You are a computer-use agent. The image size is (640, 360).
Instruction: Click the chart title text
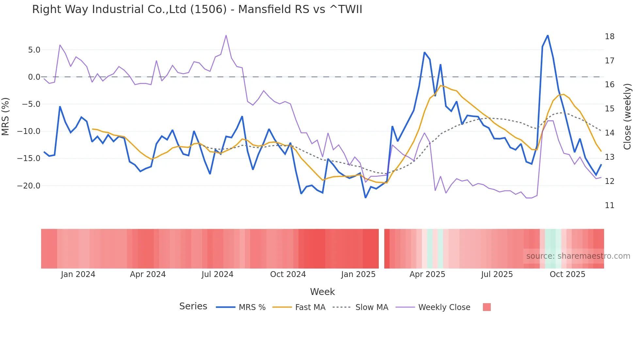click(x=197, y=9)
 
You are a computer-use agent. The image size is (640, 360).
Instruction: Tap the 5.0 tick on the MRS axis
click(x=34, y=50)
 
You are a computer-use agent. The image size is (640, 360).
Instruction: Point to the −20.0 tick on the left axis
click(x=29, y=186)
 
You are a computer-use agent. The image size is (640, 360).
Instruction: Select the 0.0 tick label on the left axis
click(x=34, y=77)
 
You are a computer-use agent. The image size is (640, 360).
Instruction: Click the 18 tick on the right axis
click(x=609, y=37)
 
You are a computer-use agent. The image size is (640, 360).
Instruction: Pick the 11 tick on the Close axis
click(x=609, y=205)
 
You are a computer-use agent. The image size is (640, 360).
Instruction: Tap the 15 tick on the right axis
click(x=609, y=109)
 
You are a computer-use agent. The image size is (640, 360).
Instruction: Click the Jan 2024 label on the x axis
click(x=78, y=274)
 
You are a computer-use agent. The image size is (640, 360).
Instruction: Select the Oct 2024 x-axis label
click(x=288, y=274)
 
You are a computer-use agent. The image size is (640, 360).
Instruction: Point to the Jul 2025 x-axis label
click(x=497, y=274)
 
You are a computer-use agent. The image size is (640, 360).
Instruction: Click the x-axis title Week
click(x=322, y=292)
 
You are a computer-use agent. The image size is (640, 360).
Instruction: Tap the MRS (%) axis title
click(x=6, y=117)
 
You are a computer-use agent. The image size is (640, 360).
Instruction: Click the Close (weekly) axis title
click(x=627, y=117)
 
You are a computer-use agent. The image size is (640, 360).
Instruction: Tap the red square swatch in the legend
click(x=487, y=307)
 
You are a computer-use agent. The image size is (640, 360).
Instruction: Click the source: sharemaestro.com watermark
click(x=578, y=256)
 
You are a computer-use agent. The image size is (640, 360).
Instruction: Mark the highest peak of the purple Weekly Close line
click(x=226, y=35)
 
